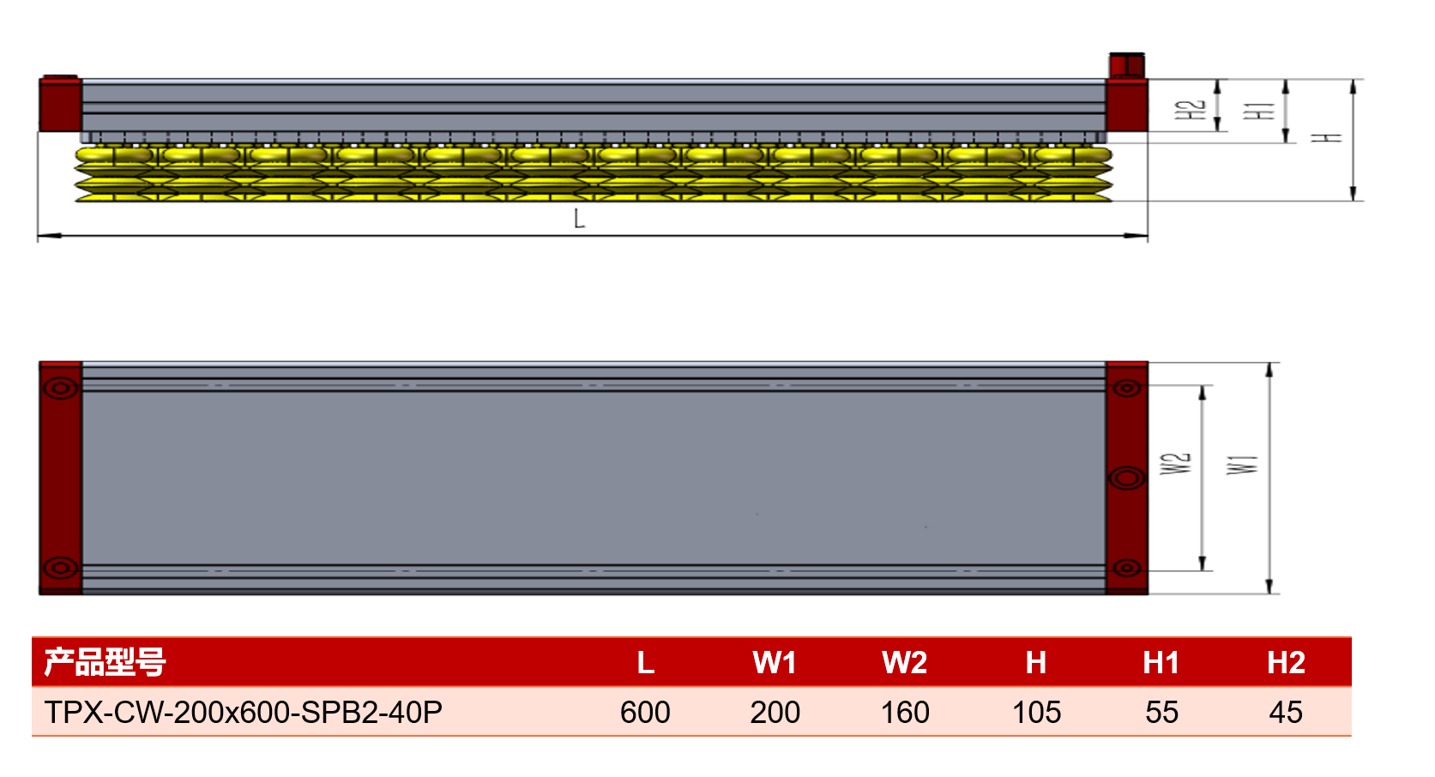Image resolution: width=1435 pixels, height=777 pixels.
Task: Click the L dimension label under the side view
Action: pyautogui.click(x=579, y=219)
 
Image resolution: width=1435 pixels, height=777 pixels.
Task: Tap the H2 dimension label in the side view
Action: pyautogui.click(x=1191, y=110)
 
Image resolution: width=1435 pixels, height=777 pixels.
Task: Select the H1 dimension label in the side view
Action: pyautogui.click(x=1259, y=110)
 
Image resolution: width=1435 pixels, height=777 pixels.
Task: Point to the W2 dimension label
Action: pyautogui.click(x=1176, y=463)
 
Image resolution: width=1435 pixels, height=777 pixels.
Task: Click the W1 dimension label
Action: pyautogui.click(x=1243, y=465)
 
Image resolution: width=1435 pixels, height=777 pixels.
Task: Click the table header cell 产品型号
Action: pyautogui.click(x=105, y=662)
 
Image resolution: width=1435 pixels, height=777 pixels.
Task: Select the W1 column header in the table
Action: pyautogui.click(x=775, y=662)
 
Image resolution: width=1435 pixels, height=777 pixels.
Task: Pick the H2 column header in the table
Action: pyautogui.click(x=1286, y=662)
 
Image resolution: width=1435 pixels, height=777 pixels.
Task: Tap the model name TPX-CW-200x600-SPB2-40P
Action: pyautogui.click(x=243, y=713)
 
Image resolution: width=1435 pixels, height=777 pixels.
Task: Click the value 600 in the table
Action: pyautogui.click(x=645, y=713)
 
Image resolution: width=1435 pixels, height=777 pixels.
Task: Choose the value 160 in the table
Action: pyautogui.click(x=905, y=713)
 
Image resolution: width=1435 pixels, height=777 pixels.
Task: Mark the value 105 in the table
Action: pyautogui.click(x=1036, y=713)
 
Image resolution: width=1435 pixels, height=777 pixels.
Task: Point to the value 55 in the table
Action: pyautogui.click(x=1161, y=713)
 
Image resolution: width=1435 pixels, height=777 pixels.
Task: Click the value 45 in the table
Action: pyautogui.click(x=1286, y=713)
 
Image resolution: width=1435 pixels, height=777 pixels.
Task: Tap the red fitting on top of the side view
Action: pyautogui.click(x=1127, y=65)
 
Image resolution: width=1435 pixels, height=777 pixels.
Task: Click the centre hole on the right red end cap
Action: pyautogui.click(x=1127, y=478)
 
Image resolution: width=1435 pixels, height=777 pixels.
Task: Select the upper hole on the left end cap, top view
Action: pyautogui.click(x=61, y=388)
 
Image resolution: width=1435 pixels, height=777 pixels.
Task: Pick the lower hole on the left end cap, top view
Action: pyautogui.click(x=61, y=568)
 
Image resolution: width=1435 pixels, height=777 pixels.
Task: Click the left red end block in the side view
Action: pyautogui.click(x=60, y=104)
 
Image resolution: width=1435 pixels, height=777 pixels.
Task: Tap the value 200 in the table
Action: pyautogui.click(x=775, y=713)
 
